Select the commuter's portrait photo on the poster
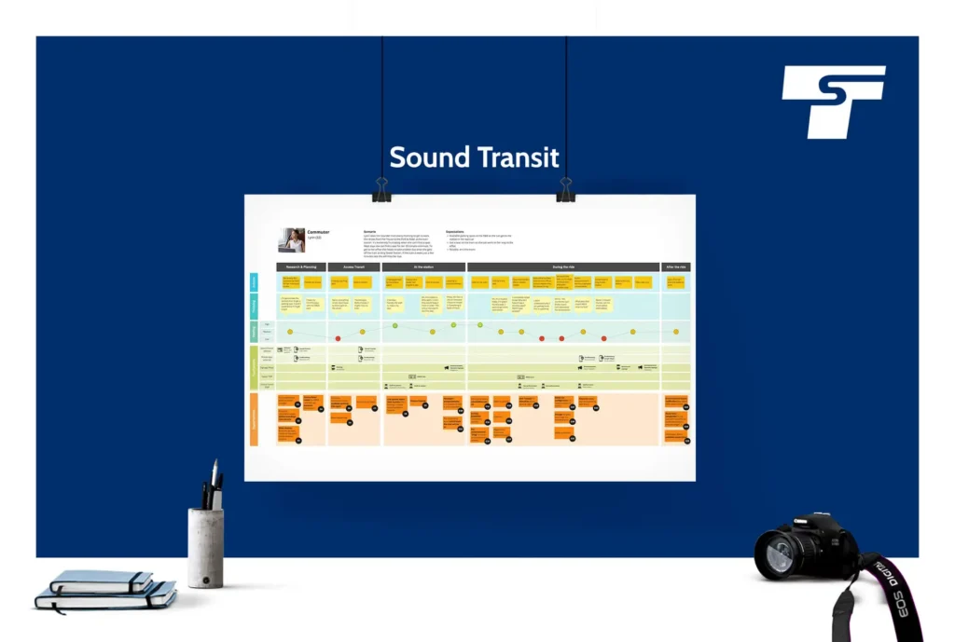pyautogui.click(x=291, y=240)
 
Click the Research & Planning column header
pyautogui.click(x=300, y=267)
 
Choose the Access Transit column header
pyautogui.click(x=353, y=267)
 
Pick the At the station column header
pyautogui.click(x=423, y=267)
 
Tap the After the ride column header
pyautogui.click(x=676, y=267)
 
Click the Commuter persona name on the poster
pyautogui.click(x=319, y=232)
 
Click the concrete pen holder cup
pyautogui.click(x=205, y=547)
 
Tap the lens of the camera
pyautogui.click(x=781, y=555)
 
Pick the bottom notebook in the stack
pyautogui.click(x=105, y=597)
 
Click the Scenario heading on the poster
pyautogui.click(x=370, y=229)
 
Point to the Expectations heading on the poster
pyautogui.click(x=456, y=229)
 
